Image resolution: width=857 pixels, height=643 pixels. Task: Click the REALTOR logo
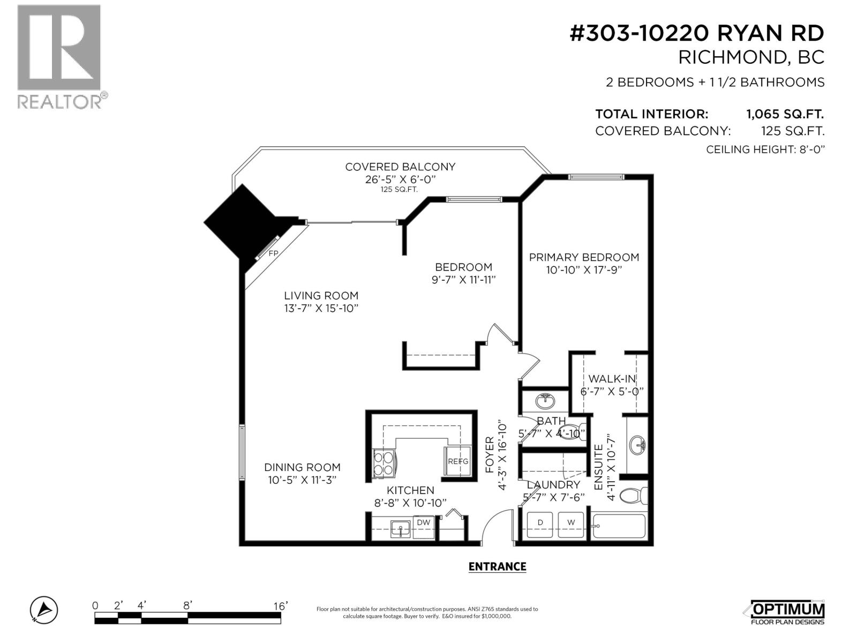click(59, 56)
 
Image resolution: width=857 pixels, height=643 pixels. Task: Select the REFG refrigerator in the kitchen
click(458, 461)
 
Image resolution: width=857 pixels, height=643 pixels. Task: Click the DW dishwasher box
click(424, 522)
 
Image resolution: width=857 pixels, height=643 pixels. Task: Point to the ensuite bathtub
click(619, 526)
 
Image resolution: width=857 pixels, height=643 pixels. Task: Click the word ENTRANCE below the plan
click(497, 566)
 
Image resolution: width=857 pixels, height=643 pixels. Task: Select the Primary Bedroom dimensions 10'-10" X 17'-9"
click(583, 270)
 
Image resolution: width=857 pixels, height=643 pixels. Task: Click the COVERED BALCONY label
click(400, 167)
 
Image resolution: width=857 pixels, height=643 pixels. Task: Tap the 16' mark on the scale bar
click(280, 606)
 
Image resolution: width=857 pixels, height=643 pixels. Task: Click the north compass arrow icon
click(44, 610)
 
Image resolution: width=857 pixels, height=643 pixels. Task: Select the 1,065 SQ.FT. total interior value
click(785, 114)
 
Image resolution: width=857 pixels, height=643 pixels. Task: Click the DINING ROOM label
click(302, 467)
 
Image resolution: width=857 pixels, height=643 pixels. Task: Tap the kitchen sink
click(400, 528)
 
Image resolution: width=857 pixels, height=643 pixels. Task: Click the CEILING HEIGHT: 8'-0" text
click(765, 149)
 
